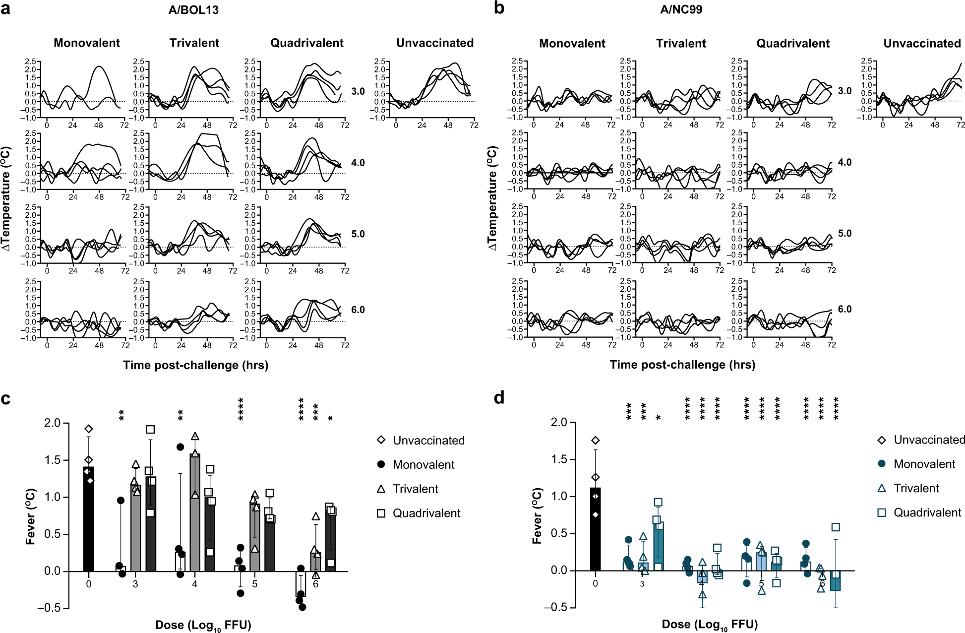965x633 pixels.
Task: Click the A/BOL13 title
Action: (193, 10)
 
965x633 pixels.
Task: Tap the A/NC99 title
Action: (681, 9)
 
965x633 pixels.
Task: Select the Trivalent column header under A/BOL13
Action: (194, 43)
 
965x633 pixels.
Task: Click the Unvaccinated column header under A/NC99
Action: (922, 44)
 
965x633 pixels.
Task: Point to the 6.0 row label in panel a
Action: (358, 310)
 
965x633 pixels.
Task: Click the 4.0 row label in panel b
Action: (844, 162)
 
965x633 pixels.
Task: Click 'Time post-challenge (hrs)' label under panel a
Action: (195, 365)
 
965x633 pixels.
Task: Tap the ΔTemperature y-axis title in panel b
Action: (492, 198)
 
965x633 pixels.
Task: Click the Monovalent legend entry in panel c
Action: (423, 465)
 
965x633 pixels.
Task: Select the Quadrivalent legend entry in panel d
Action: (927, 513)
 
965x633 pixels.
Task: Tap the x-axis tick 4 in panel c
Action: (194, 584)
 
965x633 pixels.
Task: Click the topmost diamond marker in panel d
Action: (596, 441)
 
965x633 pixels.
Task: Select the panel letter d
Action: (499, 398)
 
